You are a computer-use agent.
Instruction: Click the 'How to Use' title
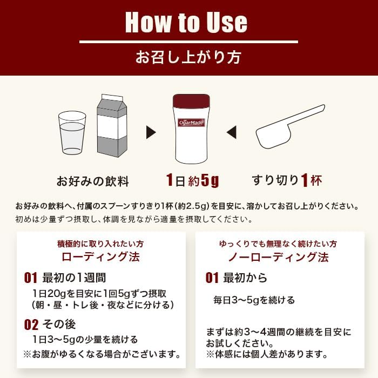click(x=186, y=22)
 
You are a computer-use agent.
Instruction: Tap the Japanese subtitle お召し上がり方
click(x=188, y=57)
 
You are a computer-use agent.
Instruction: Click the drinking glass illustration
click(x=72, y=133)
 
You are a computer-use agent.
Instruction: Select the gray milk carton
click(x=112, y=126)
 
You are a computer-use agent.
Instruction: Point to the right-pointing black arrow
click(x=151, y=132)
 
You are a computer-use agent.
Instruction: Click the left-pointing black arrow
click(x=232, y=132)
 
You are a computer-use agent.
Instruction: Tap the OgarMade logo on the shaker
click(x=191, y=123)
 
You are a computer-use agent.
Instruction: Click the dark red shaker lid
click(x=191, y=101)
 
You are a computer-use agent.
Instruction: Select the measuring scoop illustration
click(x=289, y=127)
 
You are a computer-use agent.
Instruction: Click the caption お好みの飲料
click(x=92, y=181)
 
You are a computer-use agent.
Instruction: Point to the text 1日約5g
click(x=192, y=180)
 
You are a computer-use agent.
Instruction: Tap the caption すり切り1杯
click(x=287, y=180)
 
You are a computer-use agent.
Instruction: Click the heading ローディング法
click(x=101, y=256)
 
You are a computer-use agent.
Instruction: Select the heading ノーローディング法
click(x=279, y=257)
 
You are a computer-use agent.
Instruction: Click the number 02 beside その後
click(x=31, y=325)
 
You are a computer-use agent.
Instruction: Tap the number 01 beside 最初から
click(x=212, y=278)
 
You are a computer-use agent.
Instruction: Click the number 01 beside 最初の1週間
click(x=31, y=278)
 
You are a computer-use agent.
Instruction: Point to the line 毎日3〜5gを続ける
click(x=254, y=300)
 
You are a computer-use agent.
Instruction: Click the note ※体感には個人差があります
click(x=267, y=354)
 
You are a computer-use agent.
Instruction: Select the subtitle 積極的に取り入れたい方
click(x=100, y=244)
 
